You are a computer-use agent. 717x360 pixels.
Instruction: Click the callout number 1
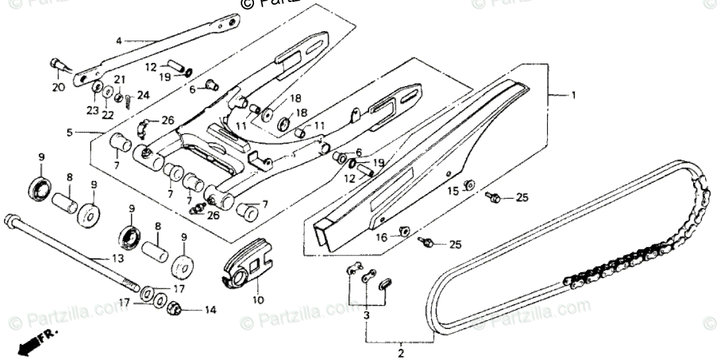(573, 95)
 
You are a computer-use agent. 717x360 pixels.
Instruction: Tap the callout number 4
(119, 41)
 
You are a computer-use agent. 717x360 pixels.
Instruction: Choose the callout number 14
(210, 309)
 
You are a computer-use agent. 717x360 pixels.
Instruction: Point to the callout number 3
(367, 317)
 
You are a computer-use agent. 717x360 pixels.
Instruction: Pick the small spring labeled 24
(130, 99)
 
